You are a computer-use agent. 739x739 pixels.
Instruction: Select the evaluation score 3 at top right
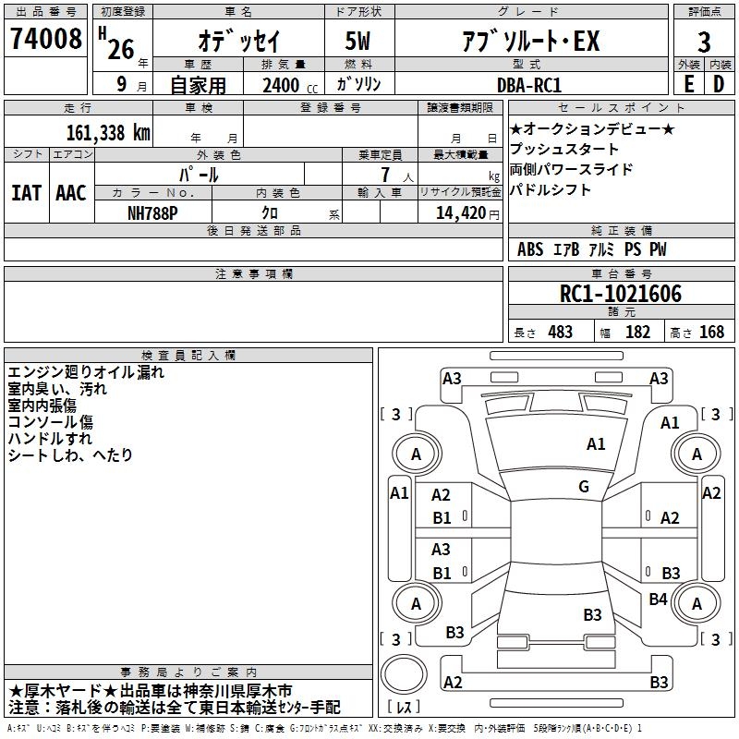click(x=704, y=42)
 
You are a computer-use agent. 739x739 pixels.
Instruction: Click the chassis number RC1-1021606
click(x=621, y=294)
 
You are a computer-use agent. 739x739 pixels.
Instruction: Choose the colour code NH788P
click(x=152, y=212)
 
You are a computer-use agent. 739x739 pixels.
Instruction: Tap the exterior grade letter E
click(x=688, y=84)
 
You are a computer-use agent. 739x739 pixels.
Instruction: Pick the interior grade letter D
click(x=719, y=84)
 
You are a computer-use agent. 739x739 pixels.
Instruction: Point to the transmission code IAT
click(x=26, y=193)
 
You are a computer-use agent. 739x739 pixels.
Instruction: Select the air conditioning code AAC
click(x=70, y=193)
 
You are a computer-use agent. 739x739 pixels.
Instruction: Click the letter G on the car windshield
click(x=584, y=487)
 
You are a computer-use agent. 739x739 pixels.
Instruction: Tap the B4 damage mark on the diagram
click(x=658, y=600)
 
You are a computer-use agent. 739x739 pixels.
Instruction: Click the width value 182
click(x=637, y=332)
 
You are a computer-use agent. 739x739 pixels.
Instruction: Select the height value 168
click(x=711, y=332)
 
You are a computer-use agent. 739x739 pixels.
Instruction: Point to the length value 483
click(x=560, y=332)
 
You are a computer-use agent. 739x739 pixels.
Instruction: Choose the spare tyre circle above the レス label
click(x=403, y=672)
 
